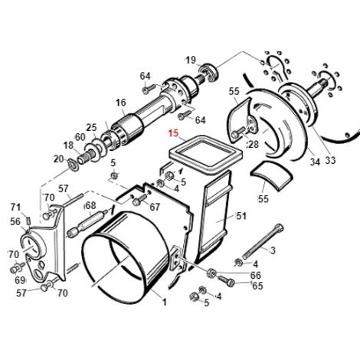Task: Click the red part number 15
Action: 172,133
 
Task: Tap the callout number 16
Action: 121,103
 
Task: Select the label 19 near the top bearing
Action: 191,61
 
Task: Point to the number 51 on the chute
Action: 241,216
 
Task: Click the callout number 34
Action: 315,162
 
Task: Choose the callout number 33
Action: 330,161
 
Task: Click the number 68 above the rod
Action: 90,205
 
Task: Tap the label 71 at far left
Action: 15,207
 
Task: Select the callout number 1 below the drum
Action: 165,303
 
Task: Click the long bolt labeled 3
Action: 262,241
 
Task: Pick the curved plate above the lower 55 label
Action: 271,175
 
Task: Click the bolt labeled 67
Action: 139,200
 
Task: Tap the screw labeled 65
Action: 226,281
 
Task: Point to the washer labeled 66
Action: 211,273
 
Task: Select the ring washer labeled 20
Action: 73,165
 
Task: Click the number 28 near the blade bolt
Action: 254,145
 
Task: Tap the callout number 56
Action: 15,221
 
